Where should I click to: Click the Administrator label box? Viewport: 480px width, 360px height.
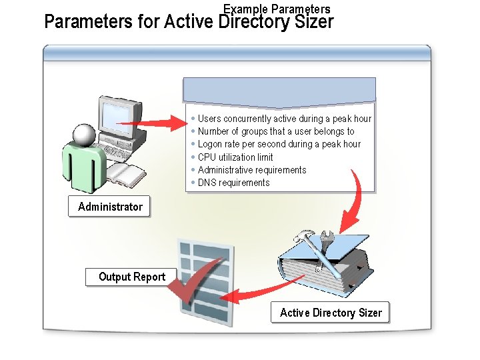tap(110, 207)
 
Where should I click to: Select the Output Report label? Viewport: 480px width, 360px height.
tap(131, 277)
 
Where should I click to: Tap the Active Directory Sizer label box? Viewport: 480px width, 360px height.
tap(331, 313)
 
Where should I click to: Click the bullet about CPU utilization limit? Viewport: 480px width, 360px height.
tap(235, 157)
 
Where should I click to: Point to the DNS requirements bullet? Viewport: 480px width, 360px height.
tap(233, 183)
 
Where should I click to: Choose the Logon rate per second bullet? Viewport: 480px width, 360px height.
tap(279, 144)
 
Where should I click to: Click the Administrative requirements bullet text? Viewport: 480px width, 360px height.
tap(252, 170)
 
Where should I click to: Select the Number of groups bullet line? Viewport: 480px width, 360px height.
tap(276, 131)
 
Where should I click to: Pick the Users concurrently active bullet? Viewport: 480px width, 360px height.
tap(284, 119)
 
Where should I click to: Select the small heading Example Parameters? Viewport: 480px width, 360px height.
tap(277, 9)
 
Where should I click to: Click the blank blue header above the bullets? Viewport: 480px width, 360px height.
tap(280, 91)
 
